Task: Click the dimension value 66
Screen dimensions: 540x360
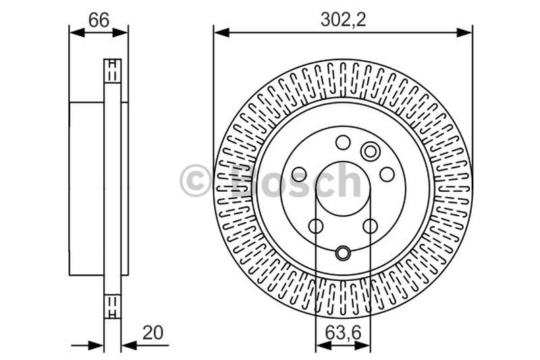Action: (x=99, y=20)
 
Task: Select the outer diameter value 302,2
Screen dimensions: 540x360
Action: (x=343, y=20)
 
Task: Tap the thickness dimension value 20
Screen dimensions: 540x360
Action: (x=153, y=333)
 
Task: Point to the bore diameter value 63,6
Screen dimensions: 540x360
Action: (x=343, y=333)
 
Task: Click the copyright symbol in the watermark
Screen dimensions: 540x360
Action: (x=195, y=180)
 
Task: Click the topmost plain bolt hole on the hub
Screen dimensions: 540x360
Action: (x=343, y=143)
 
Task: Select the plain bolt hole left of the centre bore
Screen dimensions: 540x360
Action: (x=298, y=174)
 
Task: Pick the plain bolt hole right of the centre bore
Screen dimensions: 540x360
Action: (x=387, y=174)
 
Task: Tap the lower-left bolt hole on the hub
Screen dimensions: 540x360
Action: (x=316, y=226)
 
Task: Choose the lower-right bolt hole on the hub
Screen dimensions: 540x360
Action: (x=370, y=226)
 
